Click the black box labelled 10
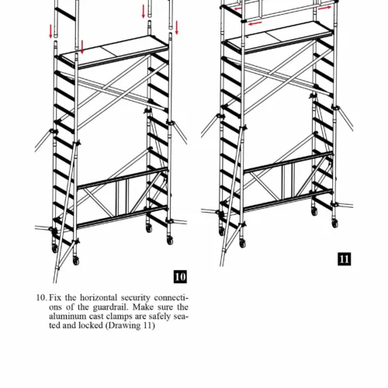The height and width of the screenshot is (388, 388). (180, 277)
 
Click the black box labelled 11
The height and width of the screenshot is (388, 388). (345, 259)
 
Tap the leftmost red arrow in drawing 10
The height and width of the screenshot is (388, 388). (50, 32)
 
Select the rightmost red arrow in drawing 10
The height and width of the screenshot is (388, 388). (177, 28)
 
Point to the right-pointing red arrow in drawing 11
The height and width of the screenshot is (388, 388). (324, 8)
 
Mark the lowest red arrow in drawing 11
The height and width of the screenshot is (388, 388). (255, 23)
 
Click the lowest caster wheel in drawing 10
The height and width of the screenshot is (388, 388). (76, 261)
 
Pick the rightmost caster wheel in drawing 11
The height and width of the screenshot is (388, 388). (335, 223)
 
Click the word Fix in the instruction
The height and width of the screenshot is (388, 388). (55, 297)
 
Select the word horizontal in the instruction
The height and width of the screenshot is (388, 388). (99, 297)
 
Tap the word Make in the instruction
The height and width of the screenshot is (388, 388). (144, 307)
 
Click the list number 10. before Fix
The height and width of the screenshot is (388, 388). (41, 298)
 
